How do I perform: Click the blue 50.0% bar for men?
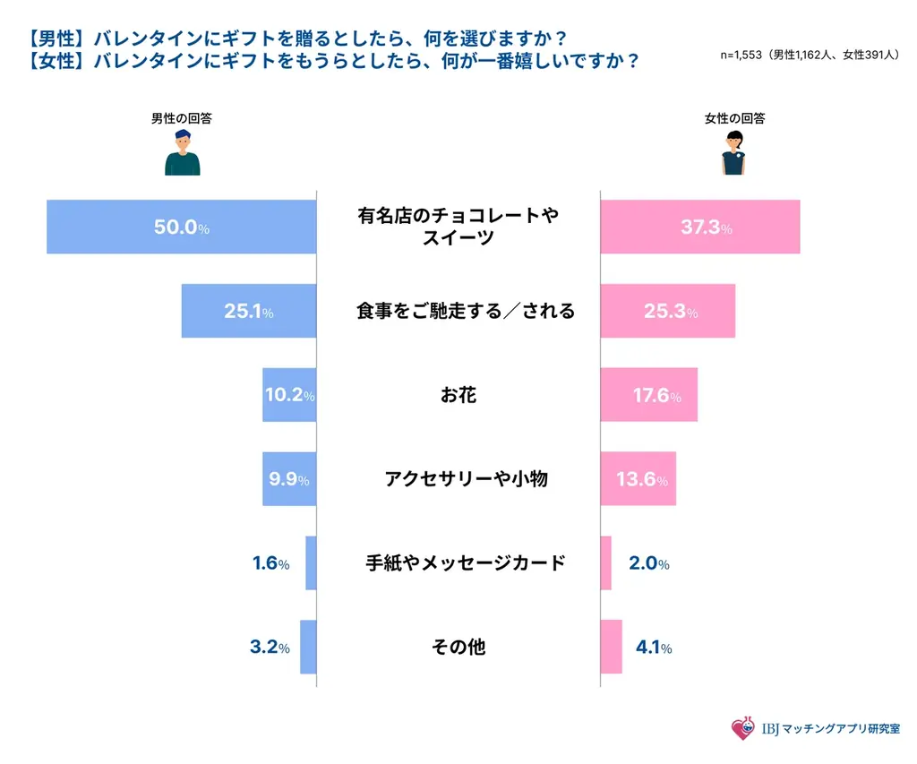(x=181, y=227)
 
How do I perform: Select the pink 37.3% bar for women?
(x=698, y=227)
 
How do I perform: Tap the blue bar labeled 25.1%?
(x=248, y=312)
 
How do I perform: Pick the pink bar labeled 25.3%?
(x=667, y=312)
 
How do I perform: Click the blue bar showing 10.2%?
(x=288, y=395)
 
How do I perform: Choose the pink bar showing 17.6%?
(x=648, y=395)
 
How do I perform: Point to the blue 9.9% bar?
(x=288, y=479)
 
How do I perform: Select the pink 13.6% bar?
(x=638, y=479)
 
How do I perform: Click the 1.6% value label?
(x=270, y=563)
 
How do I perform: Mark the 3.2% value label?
(x=270, y=648)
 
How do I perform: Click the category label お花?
(x=458, y=395)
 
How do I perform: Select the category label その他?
(x=458, y=647)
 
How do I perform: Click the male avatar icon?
(x=182, y=152)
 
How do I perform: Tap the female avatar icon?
(x=733, y=152)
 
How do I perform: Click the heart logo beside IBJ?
(x=742, y=729)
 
